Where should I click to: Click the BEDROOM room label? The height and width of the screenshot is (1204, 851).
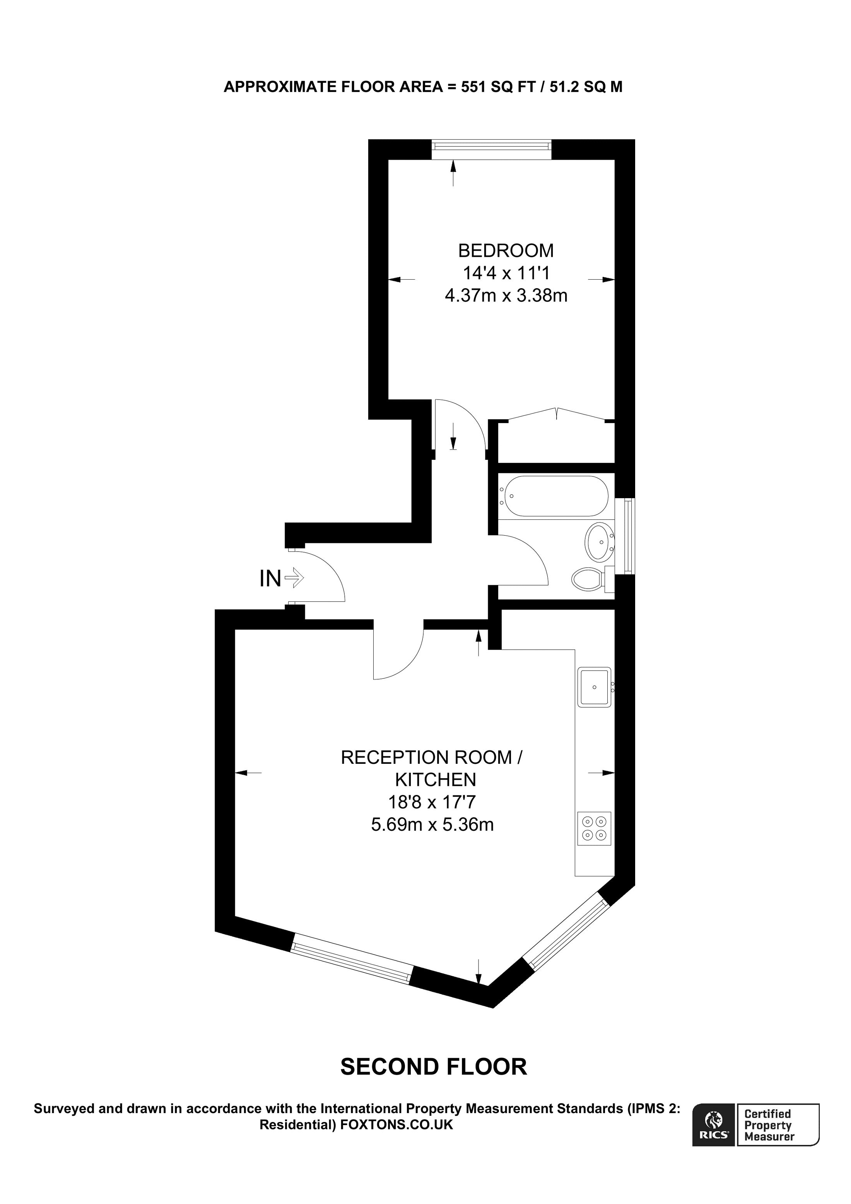[506, 251]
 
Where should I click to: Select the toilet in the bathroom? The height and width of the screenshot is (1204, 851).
[590, 579]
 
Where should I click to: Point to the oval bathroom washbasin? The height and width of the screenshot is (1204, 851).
[599, 542]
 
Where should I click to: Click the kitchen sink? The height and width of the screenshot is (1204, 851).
[594, 687]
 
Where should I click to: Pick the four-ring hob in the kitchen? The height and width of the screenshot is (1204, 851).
[594, 828]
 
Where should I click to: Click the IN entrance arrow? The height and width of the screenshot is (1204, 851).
[294, 578]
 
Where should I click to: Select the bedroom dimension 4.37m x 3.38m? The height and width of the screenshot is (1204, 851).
[506, 296]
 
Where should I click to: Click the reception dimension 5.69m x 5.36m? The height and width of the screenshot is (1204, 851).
[432, 825]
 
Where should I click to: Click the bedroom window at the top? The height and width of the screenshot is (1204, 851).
[491, 149]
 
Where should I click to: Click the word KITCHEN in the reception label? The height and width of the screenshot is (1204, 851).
[435, 780]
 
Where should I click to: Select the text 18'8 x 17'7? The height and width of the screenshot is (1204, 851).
[432, 802]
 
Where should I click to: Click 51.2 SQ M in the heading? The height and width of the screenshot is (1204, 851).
[586, 87]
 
